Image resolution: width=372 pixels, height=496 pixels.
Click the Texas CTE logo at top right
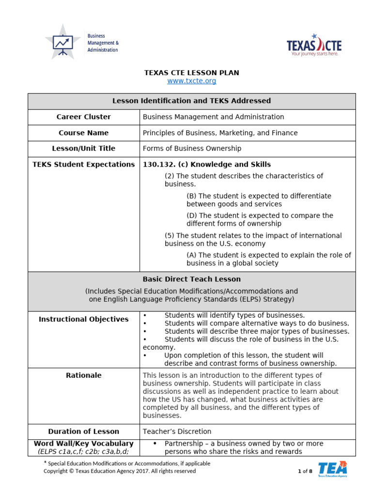314,46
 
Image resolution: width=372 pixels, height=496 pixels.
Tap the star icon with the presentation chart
62,43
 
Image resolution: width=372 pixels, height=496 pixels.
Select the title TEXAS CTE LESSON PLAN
192,73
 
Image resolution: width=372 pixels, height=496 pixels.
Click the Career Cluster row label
84,117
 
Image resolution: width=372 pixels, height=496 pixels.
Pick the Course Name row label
84,133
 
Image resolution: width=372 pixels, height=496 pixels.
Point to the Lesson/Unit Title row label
84,148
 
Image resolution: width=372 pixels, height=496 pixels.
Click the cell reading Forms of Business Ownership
192,148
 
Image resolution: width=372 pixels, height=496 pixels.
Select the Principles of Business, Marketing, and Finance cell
220,133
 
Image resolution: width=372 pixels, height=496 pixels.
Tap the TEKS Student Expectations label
84,164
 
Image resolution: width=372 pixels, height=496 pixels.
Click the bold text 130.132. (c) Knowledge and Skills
207,164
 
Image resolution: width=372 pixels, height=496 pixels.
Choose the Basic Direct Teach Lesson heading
192,279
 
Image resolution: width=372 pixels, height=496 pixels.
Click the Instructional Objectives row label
84,319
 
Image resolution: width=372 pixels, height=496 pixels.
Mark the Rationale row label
84,375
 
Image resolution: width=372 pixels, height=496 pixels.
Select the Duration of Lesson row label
84,431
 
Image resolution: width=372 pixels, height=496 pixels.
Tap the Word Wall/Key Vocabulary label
84,443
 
